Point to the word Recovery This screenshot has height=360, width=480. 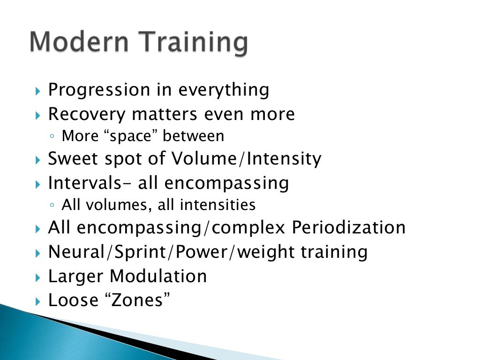[x=87, y=114]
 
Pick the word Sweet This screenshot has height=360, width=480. [x=70, y=159]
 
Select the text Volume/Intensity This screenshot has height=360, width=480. [x=246, y=159]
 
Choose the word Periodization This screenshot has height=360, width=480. [x=349, y=228]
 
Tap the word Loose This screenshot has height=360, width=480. [x=72, y=300]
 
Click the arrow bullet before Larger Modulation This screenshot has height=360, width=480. [x=38, y=277]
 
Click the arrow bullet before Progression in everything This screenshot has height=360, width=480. [x=38, y=90]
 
